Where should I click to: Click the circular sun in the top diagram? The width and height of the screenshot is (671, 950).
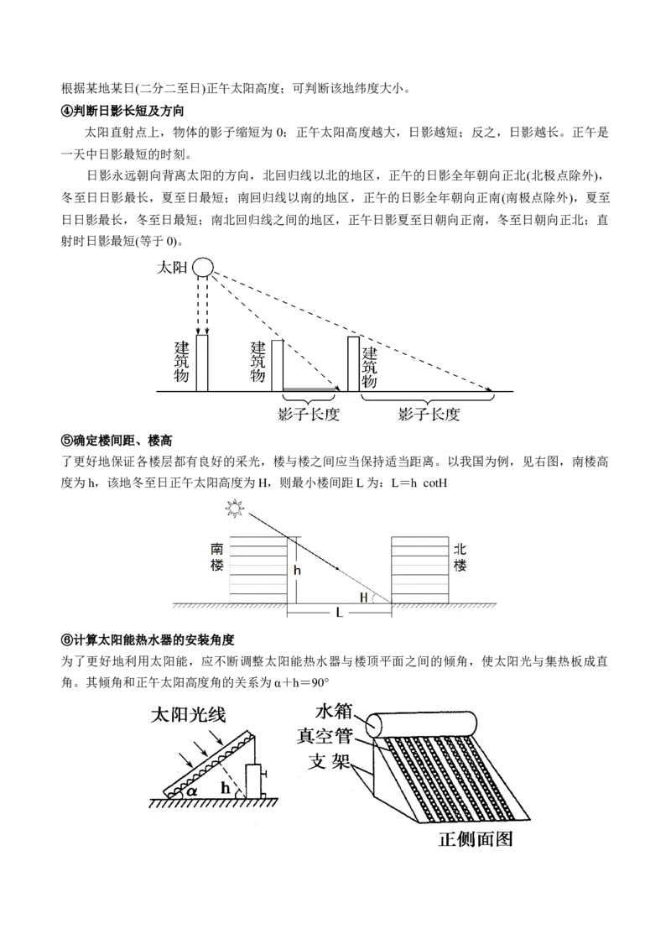pos(203,268)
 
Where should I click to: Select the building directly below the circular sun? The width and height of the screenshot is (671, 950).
pos(202,364)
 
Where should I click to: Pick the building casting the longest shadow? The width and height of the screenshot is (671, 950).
pos(353,363)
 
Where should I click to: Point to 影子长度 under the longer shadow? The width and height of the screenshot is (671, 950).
pos(429,415)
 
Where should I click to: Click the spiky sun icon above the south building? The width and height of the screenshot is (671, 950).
pos(234,509)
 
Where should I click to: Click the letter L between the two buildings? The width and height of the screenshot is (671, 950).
pos(339,613)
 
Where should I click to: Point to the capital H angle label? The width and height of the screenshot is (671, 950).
pos(363,597)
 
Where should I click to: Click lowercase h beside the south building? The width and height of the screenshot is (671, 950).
pos(296,569)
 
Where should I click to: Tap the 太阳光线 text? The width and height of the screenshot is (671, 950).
pos(192,715)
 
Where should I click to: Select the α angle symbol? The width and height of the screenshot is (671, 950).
pos(193,790)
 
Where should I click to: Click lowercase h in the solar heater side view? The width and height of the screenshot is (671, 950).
pos(225,787)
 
